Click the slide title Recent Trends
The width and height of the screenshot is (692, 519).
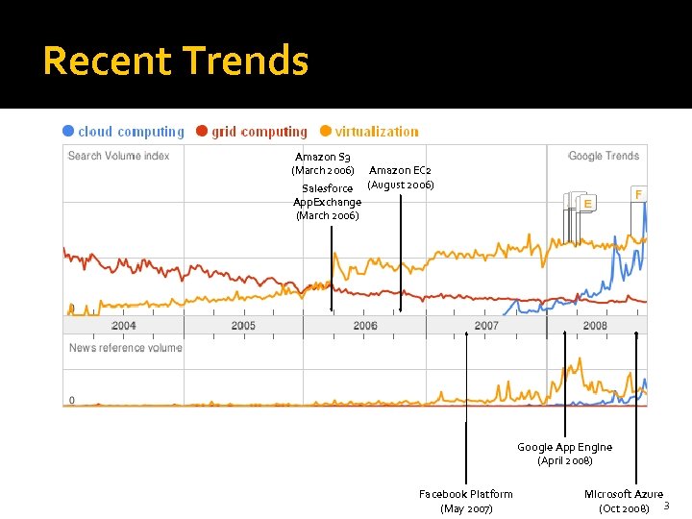[x=176, y=61]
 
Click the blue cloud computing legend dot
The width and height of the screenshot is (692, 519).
[x=68, y=132]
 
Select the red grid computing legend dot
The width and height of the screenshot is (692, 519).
[x=202, y=132]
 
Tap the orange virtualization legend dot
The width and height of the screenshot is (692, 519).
[x=326, y=132]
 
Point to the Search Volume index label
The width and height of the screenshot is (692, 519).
[x=118, y=156]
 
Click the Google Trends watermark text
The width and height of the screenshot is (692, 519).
[x=603, y=156]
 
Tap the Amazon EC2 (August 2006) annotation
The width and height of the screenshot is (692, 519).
[x=401, y=177]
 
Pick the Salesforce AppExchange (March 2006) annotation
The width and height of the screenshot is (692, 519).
[x=328, y=202]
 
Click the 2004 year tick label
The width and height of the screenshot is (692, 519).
[x=123, y=326]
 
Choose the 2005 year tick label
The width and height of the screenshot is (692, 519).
[x=243, y=326]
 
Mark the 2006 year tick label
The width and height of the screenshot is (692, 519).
[x=365, y=326]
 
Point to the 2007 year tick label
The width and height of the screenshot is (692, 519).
[x=486, y=326]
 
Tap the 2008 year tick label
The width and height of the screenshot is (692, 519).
[x=595, y=326]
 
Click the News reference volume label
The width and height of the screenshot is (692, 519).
[x=125, y=348]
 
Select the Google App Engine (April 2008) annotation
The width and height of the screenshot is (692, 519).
[x=564, y=454]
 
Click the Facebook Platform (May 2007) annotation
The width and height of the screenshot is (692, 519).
[x=466, y=501]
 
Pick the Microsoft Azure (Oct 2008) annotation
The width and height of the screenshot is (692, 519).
[x=624, y=501]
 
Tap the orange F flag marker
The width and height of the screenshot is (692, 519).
[x=638, y=194]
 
